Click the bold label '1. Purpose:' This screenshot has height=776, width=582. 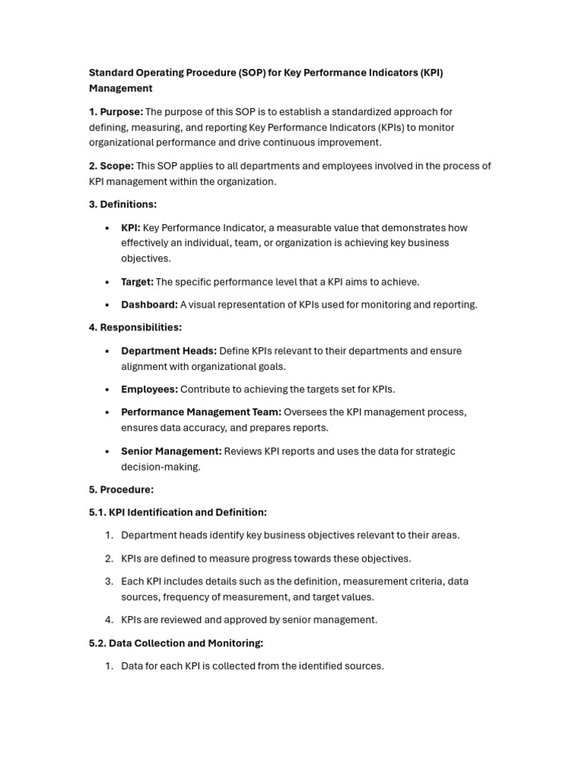tap(116, 112)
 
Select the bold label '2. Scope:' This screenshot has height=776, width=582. tap(111, 166)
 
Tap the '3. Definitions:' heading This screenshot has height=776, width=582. tap(123, 205)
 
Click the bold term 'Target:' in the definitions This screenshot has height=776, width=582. tap(137, 282)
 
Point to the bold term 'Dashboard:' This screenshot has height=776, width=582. tap(149, 305)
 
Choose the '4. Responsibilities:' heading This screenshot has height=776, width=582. tap(135, 327)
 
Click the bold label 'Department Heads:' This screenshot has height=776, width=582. tap(168, 351)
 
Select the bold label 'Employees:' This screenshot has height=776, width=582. tap(149, 390)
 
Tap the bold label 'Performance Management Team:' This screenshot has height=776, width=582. tap(201, 412)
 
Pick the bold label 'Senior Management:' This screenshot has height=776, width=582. tap(171, 451)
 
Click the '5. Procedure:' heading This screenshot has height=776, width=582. tap(121, 490)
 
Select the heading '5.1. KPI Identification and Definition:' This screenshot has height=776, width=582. tap(177, 512)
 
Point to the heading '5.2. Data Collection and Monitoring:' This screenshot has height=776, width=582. tap(176, 643)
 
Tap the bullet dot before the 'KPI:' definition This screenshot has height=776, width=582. tap(107, 228)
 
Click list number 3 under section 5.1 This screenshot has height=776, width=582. tap(109, 581)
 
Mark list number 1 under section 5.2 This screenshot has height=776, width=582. tap(109, 666)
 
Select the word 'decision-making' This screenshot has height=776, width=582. tap(161, 467)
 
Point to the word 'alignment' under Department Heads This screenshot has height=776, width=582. tap(144, 367)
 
